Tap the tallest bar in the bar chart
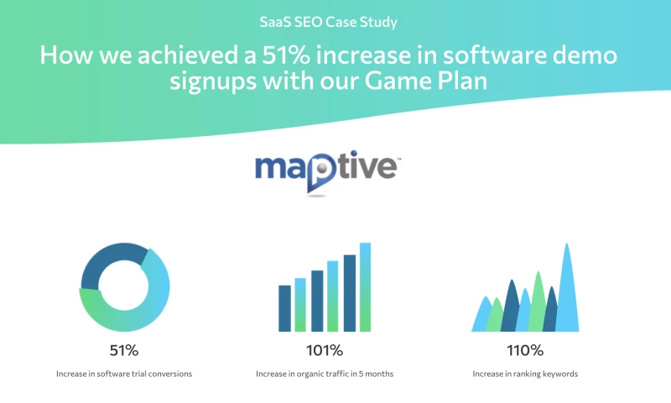[365, 286]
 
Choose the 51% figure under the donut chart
[124, 350]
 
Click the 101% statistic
[325, 350]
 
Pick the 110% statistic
[525, 350]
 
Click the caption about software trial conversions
[124, 374]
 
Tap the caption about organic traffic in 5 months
[325, 374]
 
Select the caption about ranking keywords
[525, 374]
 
